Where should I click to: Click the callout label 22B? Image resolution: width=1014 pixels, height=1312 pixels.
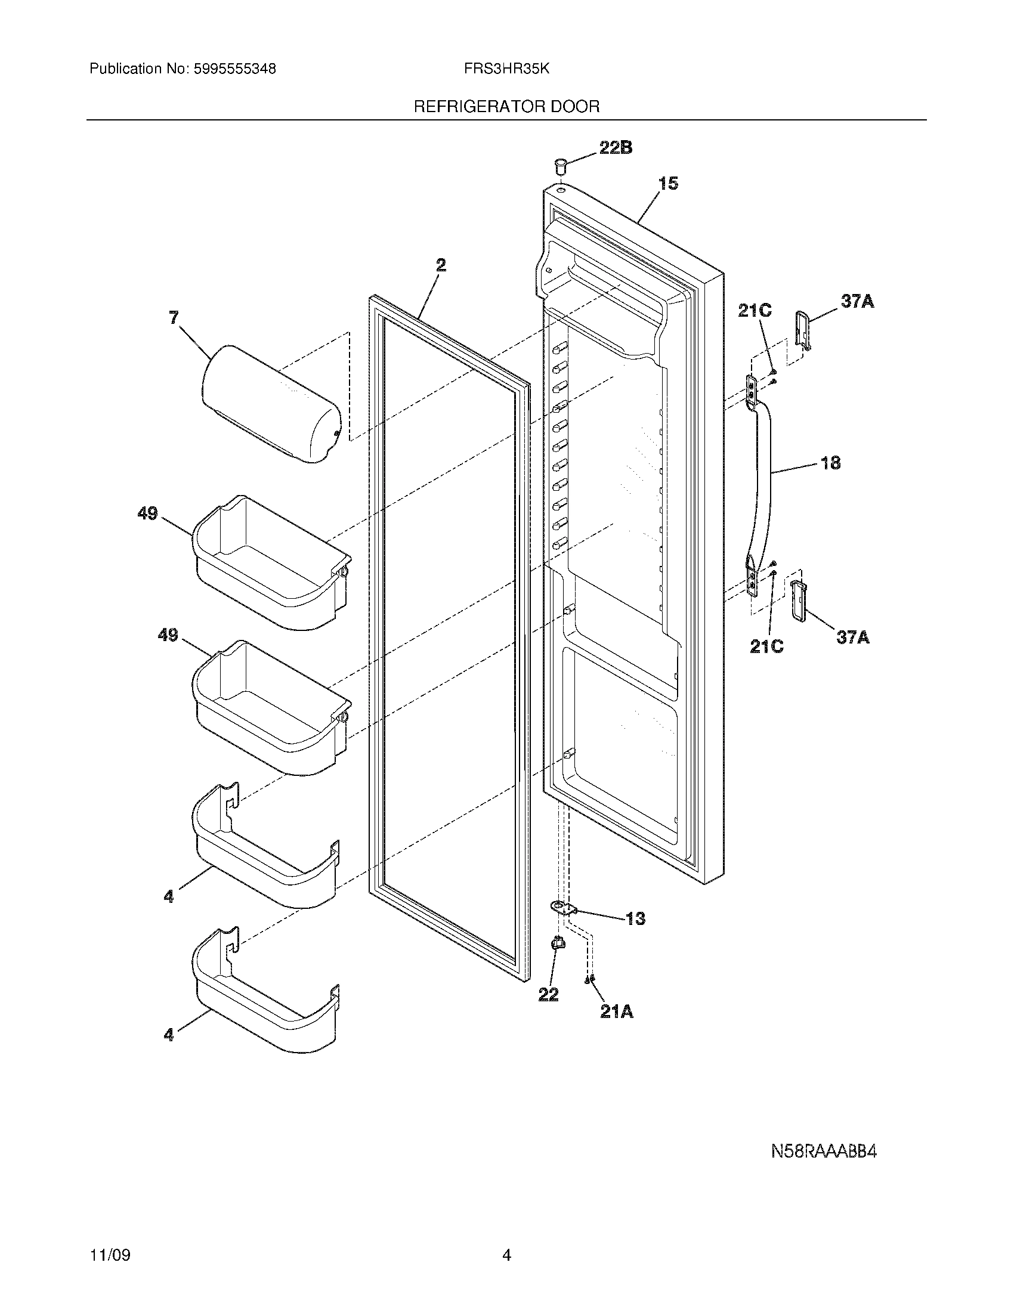(x=615, y=147)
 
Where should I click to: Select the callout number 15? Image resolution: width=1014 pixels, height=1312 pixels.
(x=669, y=183)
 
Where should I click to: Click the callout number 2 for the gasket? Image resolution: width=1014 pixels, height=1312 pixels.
(x=441, y=265)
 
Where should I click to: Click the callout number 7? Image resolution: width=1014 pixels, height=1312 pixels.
(x=174, y=317)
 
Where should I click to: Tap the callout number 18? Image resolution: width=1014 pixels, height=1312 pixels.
(x=830, y=463)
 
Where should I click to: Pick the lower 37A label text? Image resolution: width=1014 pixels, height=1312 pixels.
(x=853, y=638)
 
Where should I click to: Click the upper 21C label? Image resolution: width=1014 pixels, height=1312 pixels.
(x=755, y=311)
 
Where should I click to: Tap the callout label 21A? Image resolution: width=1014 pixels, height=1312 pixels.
(x=617, y=1012)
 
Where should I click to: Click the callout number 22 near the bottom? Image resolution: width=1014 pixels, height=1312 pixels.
(x=548, y=995)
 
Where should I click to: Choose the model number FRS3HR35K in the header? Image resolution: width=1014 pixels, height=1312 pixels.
(x=506, y=69)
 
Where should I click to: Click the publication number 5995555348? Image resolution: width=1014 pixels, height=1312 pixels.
(x=234, y=69)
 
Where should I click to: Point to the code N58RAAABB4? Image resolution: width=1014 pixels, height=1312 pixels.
(x=824, y=1152)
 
